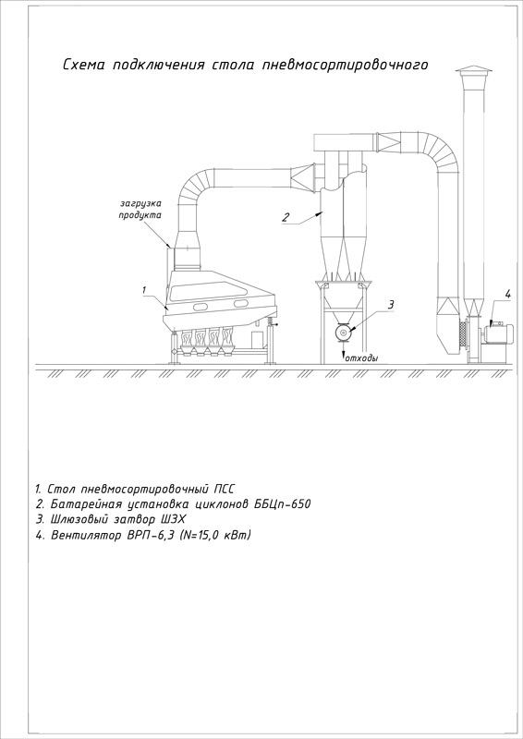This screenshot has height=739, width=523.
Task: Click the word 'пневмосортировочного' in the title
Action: (x=345, y=65)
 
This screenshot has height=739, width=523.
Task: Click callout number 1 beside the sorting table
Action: (x=145, y=290)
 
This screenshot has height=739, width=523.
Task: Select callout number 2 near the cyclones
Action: (x=286, y=217)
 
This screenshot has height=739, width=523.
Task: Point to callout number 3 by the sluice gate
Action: (x=391, y=305)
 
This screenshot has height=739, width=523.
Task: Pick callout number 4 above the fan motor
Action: (x=507, y=295)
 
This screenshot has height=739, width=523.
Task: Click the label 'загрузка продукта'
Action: (x=140, y=210)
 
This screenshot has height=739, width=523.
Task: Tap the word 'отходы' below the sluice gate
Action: (x=361, y=358)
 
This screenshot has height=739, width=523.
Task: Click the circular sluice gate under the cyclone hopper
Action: (x=343, y=333)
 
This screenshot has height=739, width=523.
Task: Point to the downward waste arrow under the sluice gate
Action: (x=343, y=352)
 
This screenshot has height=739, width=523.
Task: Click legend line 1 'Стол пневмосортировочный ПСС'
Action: (x=134, y=488)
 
